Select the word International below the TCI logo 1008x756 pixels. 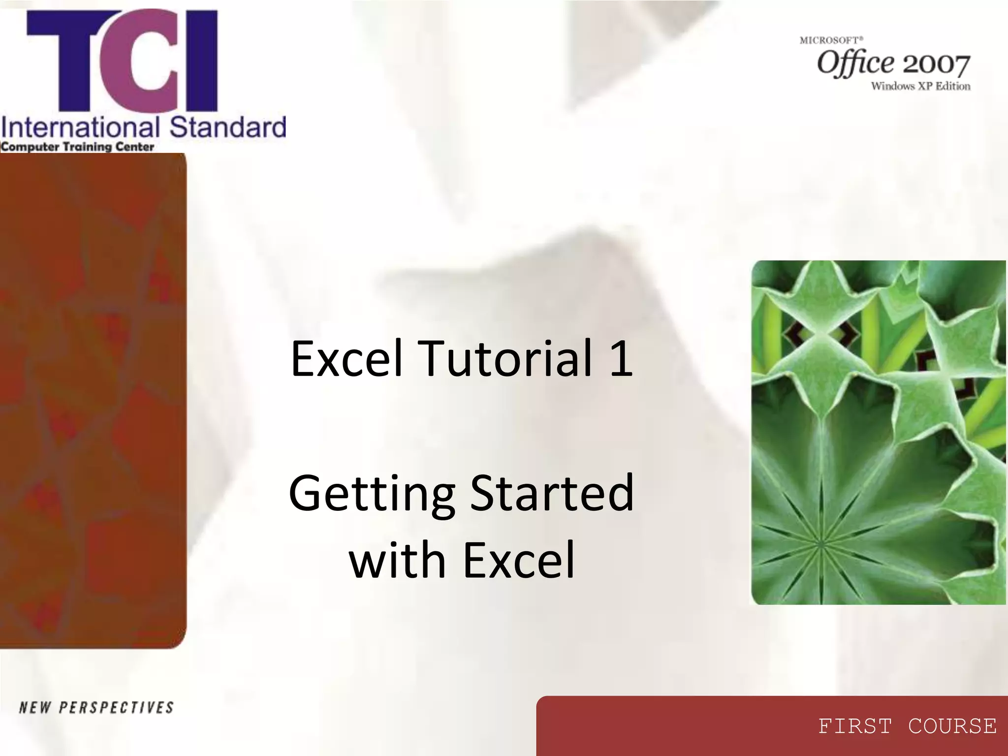80,127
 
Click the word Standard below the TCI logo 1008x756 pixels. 227,127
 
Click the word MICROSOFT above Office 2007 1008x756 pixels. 831,40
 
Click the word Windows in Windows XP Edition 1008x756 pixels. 892,86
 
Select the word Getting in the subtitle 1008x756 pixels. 372,494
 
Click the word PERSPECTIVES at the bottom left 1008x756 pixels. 116,708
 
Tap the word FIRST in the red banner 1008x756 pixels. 855,726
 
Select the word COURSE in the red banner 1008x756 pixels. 952,726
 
